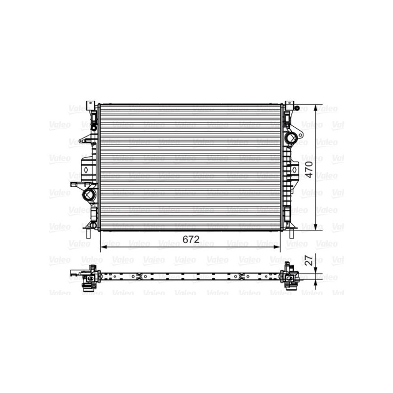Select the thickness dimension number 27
point(309,261)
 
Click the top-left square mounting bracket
point(90,106)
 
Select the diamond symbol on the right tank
point(294,169)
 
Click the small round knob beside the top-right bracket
point(297,108)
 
